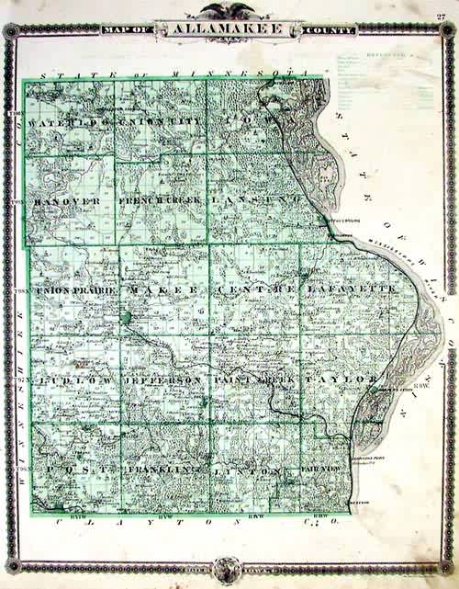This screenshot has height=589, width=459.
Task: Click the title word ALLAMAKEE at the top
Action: (x=229, y=31)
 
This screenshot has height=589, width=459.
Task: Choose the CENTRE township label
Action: (x=256, y=290)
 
